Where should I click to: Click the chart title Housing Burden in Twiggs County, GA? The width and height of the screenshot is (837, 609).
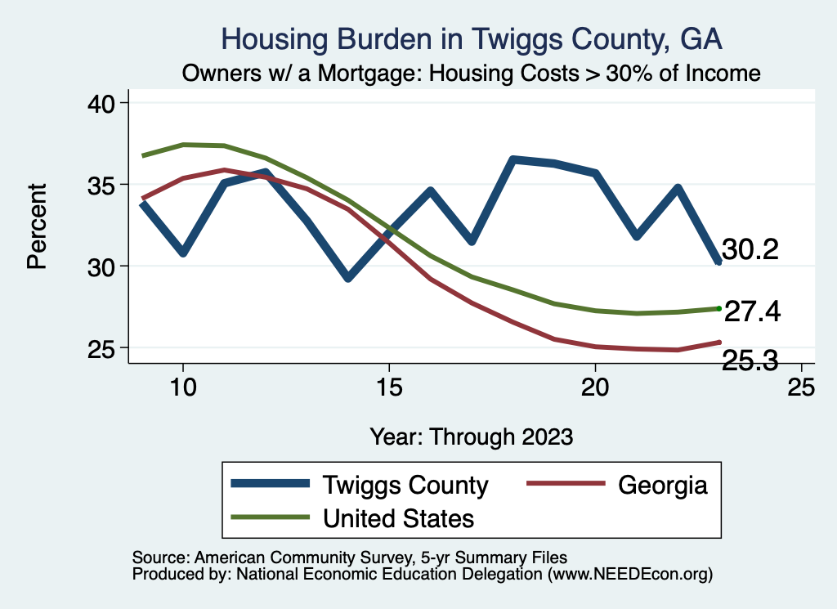pyautogui.click(x=472, y=39)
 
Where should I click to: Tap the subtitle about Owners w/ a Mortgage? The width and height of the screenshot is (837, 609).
pyautogui.click(x=472, y=74)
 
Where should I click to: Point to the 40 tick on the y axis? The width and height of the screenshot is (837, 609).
pyautogui.click(x=104, y=103)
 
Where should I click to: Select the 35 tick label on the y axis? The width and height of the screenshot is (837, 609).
pyautogui.click(x=104, y=185)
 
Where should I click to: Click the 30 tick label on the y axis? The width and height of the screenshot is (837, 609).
pyautogui.click(x=104, y=266)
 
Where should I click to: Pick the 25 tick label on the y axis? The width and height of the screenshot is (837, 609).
pyautogui.click(x=104, y=348)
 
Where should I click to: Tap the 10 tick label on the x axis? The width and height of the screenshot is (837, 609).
pyautogui.click(x=183, y=387)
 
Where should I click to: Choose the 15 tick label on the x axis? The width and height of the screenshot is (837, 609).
pyautogui.click(x=389, y=387)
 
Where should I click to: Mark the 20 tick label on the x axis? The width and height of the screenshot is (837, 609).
pyautogui.click(x=595, y=387)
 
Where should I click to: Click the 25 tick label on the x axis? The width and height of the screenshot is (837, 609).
pyautogui.click(x=801, y=387)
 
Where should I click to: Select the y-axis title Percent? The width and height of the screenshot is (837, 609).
pyautogui.click(x=36, y=226)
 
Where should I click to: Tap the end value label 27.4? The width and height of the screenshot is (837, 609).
pyautogui.click(x=753, y=311)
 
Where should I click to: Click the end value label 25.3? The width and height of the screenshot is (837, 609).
pyautogui.click(x=750, y=360)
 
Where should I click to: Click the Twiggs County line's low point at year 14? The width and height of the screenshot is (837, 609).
pyautogui.click(x=348, y=278)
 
